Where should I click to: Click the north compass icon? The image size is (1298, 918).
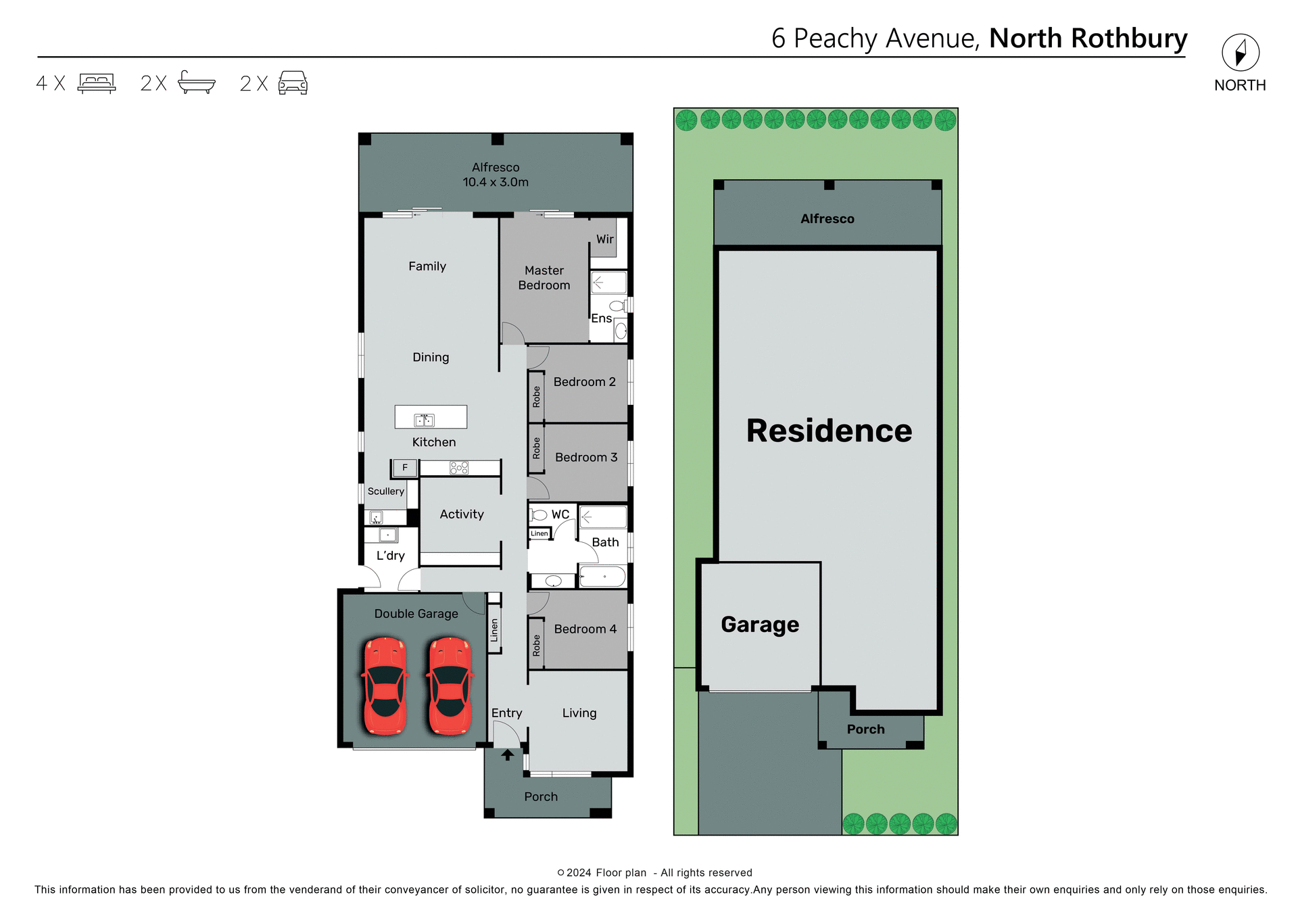click(x=1240, y=53)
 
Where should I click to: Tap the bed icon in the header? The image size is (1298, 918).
click(x=97, y=83)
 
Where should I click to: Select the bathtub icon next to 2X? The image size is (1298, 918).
click(x=196, y=82)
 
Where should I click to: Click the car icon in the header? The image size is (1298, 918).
click(x=293, y=82)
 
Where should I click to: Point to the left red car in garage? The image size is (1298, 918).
click(x=385, y=685)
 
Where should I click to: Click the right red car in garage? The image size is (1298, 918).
click(x=450, y=685)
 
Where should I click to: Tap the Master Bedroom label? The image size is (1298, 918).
click(x=544, y=278)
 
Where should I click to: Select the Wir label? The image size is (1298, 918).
click(x=605, y=239)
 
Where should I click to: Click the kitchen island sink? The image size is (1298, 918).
click(x=424, y=420)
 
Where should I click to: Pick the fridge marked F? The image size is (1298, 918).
click(x=405, y=467)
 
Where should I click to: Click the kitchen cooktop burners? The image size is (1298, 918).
click(x=459, y=467)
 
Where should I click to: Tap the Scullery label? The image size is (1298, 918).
click(x=385, y=491)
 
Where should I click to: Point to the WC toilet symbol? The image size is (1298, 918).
click(x=539, y=515)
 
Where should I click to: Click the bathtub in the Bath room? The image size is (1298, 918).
click(x=603, y=577)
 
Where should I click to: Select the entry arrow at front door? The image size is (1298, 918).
click(x=507, y=755)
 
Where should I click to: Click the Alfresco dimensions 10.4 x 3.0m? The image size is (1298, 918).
click(x=496, y=183)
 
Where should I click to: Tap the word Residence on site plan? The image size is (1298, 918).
click(x=829, y=431)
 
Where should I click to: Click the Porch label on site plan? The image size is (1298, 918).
click(x=865, y=729)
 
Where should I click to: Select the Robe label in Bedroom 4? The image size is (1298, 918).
click(x=536, y=645)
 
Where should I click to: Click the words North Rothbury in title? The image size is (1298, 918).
click(x=1088, y=39)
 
